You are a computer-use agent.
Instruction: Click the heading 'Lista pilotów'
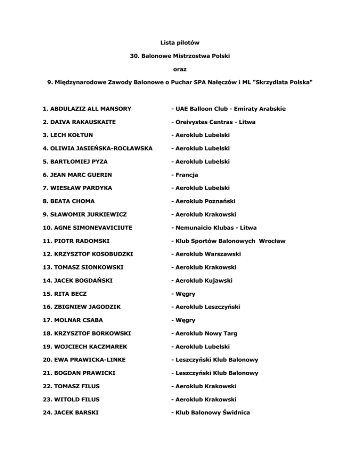click(180, 42)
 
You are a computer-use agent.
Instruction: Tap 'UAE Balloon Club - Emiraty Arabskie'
click(229, 109)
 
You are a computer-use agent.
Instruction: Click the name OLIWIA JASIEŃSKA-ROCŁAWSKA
click(97, 149)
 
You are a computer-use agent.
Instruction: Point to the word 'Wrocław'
click(271, 241)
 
